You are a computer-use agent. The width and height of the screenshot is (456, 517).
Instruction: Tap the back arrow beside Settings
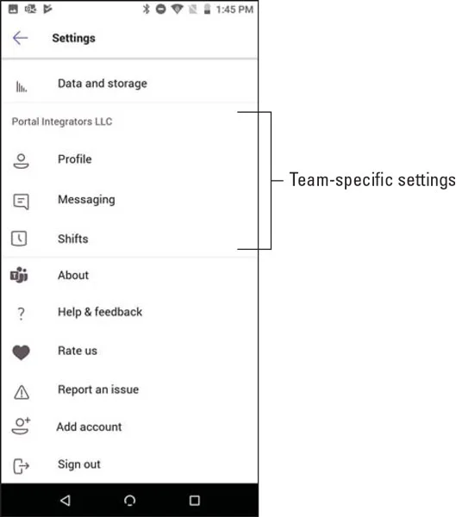point(20,38)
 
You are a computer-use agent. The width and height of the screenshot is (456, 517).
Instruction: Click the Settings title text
point(73,38)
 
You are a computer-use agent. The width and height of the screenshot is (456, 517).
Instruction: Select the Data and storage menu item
point(103,84)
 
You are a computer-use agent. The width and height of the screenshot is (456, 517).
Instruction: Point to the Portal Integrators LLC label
point(62,121)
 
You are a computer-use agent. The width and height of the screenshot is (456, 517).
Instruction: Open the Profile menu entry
point(75,159)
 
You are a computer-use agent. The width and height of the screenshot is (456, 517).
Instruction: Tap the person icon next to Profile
point(21,161)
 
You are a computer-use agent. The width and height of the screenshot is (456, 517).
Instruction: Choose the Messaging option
point(86,200)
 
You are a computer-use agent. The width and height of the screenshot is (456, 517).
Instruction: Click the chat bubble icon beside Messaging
point(21,202)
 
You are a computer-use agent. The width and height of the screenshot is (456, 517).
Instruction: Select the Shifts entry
point(73,239)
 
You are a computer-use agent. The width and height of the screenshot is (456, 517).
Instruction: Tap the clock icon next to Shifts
point(19,238)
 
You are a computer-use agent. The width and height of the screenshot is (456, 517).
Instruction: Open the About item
point(73,276)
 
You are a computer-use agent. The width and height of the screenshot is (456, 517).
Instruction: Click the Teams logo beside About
point(19,275)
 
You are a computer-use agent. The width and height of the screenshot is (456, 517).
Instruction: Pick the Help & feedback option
point(100,312)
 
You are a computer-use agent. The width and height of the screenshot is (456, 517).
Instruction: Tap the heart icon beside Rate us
point(21,352)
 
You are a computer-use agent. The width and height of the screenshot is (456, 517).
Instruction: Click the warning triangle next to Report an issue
point(22,392)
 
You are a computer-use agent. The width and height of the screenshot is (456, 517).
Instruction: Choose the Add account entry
point(89,427)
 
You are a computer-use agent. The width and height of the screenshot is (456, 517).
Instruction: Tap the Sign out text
point(79,464)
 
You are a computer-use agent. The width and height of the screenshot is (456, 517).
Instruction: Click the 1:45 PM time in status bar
point(234,9)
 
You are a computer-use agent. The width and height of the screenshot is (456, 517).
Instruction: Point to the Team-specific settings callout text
point(372,180)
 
